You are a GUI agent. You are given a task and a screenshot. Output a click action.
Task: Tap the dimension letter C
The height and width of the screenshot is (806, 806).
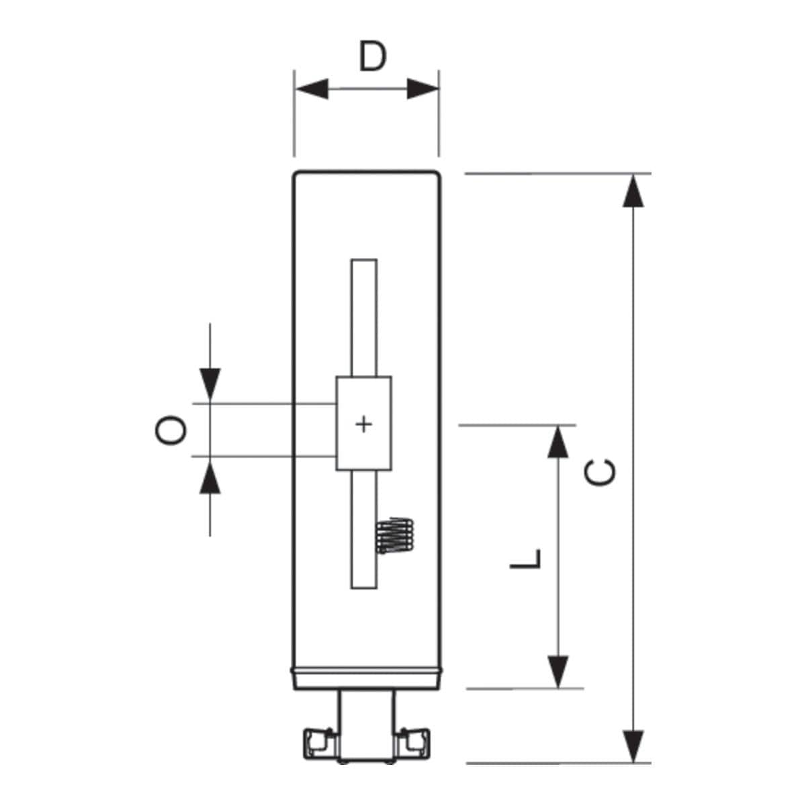point(600,473)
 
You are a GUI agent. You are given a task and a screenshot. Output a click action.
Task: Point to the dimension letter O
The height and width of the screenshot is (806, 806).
point(171,431)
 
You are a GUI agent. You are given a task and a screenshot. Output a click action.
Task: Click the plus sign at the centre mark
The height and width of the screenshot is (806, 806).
point(363,425)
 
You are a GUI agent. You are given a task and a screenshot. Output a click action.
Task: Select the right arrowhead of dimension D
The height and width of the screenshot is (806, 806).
point(423,89)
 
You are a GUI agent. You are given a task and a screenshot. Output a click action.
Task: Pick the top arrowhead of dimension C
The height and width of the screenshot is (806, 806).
point(633,191)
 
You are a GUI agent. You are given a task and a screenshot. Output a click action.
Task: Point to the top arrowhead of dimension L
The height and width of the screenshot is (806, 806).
point(558,442)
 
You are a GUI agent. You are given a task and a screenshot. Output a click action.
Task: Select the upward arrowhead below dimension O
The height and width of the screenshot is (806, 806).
point(210,478)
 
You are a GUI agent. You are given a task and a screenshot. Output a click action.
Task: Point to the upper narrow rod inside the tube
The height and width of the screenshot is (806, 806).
point(364,318)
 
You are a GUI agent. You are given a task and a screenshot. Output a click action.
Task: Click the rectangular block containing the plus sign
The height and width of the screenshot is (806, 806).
point(364,423)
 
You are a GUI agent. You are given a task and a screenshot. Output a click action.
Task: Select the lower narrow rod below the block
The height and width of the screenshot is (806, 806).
point(364,529)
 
